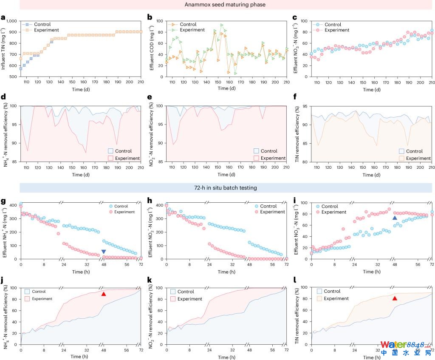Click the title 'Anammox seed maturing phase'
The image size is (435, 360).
coord(226,5)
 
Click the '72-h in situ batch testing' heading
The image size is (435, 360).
coord(226,187)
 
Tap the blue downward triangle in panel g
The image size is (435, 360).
coord(104,252)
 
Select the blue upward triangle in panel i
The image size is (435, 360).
coord(395,218)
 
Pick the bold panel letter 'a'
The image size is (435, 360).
coord(3,17)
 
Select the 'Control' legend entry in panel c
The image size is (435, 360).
coord(333,24)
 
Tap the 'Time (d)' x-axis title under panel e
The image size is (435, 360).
coord(225,175)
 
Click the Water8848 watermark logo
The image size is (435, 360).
coord(405,348)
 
